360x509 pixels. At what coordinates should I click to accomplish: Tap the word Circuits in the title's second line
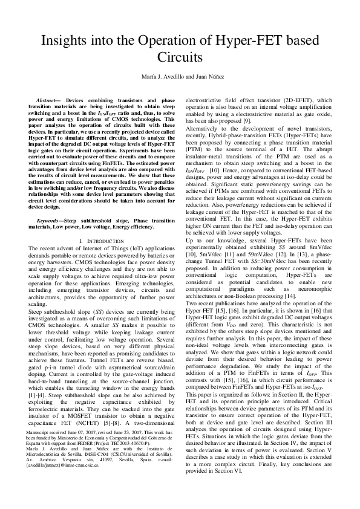(x=180, y=59)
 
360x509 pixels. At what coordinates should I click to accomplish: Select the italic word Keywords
(x=49, y=222)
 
